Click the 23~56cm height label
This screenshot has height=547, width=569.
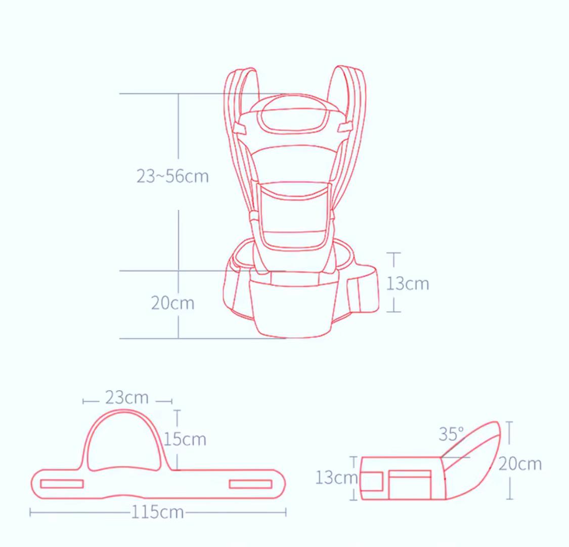pyautogui.click(x=172, y=176)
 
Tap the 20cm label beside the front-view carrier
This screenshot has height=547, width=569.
pyautogui.click(x=172, y=303)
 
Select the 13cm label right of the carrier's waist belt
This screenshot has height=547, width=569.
pyautogui.click(x=408, y=283)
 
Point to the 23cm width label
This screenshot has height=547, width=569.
pyautogui.click(x=127, y=398)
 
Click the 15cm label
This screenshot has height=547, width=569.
pyautogui.click(x=185, y=439)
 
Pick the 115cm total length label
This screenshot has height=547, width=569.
pyautogui.click(x=158, y=512)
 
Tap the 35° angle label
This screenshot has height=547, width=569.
pyautogui.click(x=451, y=434)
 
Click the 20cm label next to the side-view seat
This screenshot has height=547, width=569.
pyautogui.click(x=520, y=464)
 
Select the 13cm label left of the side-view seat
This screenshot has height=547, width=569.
pyautogui.click(x=336, y=477)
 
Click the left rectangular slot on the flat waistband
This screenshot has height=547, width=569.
pyautogui.click(x=62, y=484)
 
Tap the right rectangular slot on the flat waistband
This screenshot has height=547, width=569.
pyautogui.click(x=250, y=484)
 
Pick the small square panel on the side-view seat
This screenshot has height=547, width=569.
pyautogui.click(x=372, y=481)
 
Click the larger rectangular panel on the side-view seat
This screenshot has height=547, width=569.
pyautogui.click(x=410, y=485)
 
